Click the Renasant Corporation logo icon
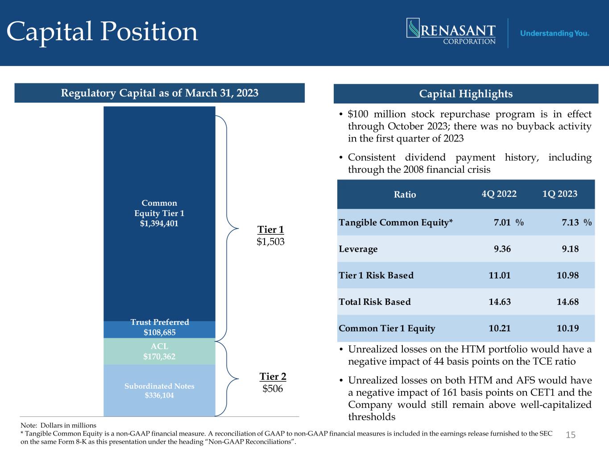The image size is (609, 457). tap(413, 28)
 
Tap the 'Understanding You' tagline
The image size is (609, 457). tap(555, 33)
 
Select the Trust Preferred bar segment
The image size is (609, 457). tap(159, 330)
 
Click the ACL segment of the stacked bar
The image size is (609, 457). tap(159, 351)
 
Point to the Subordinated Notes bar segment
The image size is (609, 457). tap(159, 391)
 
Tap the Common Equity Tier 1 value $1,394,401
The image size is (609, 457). tap(159, 223)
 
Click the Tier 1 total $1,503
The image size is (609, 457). tap(270, 242)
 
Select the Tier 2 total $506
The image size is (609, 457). tap(273, 388)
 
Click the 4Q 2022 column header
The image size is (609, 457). tap(499, 194)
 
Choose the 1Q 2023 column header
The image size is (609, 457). tap(559, 194)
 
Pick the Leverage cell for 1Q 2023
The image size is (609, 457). tap(570, 249)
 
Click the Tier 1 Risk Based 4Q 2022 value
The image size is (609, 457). tap(499, 275)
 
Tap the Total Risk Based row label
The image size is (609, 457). tap(375, 302)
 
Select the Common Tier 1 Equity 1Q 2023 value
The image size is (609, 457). tap(568, 328)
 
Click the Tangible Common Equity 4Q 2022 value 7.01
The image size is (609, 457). tap(502, 222)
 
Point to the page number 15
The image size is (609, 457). tap(571, 435)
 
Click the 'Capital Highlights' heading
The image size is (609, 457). tap(466, 94)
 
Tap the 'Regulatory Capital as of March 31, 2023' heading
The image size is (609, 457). tap(160, 93)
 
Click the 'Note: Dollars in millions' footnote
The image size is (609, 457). tap(58, 425)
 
